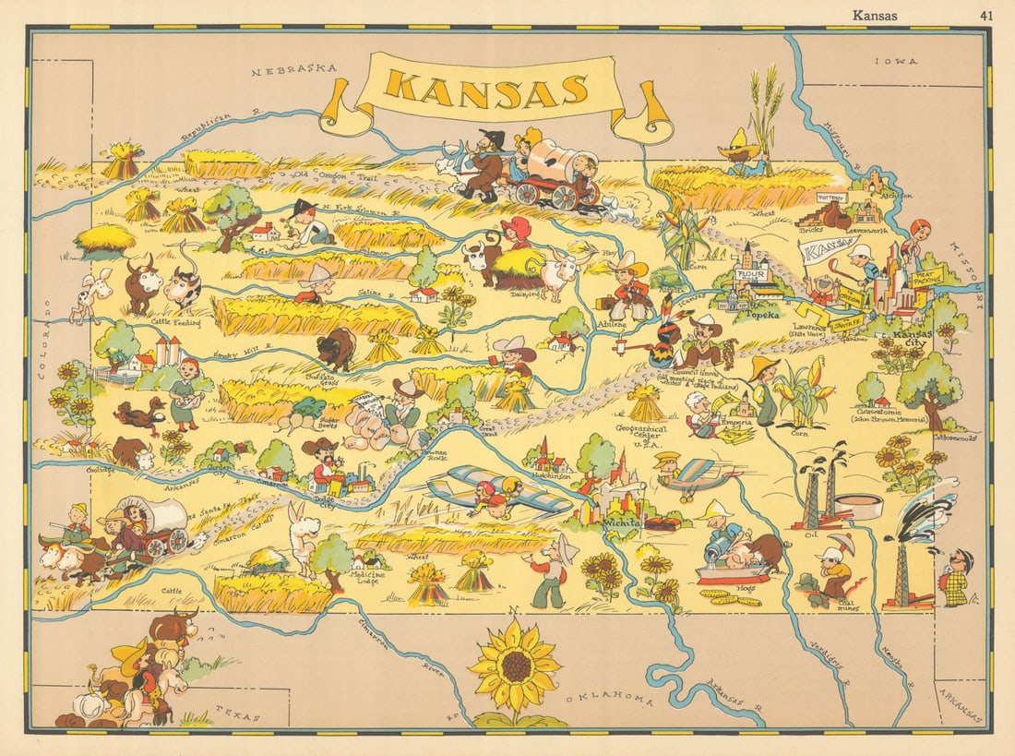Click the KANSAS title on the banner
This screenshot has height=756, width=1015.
(x=486, y=88)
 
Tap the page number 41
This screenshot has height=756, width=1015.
(x=985, y=14)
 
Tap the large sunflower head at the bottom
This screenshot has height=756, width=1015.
(x=516, y=666)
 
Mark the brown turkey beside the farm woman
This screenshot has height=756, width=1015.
(x=138, y=415)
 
